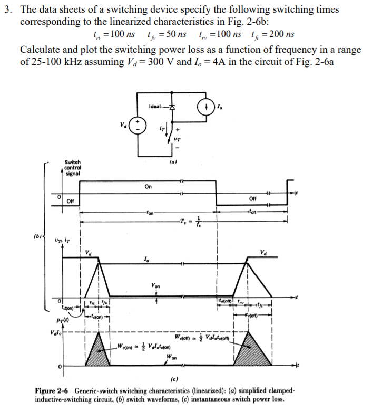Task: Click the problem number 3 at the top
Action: pos(7,10)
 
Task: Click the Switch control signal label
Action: pos(73,168)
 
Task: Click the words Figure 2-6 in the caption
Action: pos(53,390)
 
